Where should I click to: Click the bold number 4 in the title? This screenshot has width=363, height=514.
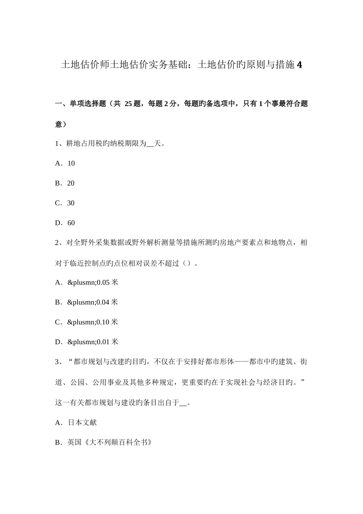click(x=299, y=65)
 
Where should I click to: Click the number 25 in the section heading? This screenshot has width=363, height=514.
click(x=128, y=104)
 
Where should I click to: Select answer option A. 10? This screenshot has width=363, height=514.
click(x=65, y=163)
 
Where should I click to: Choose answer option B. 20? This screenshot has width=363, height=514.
click(x=65, y=183)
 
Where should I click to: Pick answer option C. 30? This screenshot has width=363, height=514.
click(x=65, y=203)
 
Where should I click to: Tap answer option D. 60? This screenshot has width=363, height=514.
click(x=65, y=223)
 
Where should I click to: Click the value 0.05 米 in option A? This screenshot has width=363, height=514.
click(x=107, y=283)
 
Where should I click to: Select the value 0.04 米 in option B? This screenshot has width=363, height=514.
click(x=107, y=303)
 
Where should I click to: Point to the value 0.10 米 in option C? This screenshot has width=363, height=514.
click(x=107, y=322)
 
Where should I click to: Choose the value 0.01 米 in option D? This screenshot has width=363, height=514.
click(x=107, y=342)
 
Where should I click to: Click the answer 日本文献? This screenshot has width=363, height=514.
click(x=82, y=423)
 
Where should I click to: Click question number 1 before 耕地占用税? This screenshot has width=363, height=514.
click(x=57, y=144)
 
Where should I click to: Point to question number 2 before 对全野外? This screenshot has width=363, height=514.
click(x=57, y=243)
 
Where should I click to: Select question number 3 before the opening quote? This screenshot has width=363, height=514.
click(x=57, y=362)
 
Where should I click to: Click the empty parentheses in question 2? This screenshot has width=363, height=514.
click(x=186, y=263)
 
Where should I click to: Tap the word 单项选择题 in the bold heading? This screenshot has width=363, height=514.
click(x=87, y=104)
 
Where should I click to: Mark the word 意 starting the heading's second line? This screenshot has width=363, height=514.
click(x=58, y=124)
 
